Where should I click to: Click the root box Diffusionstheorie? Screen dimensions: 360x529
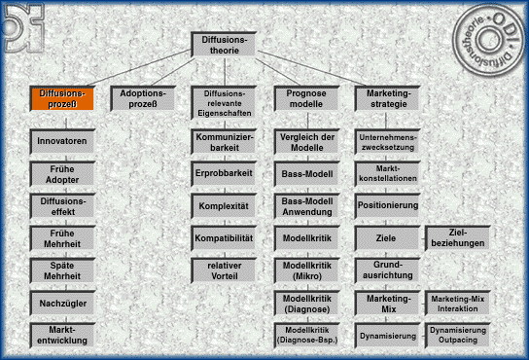[x=226, y=45]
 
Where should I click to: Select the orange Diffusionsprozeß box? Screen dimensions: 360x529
[x=61, y=98]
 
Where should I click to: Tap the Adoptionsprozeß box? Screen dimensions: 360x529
[x=143, y=98]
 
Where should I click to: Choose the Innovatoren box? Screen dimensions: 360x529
[x=62, y=141]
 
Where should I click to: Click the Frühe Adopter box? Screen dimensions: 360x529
[x=62, y=173]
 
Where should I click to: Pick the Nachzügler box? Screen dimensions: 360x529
[x=62, y=305]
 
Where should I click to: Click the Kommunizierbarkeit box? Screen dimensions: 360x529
[x=225, y=142]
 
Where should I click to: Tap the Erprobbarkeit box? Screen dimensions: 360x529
[x=225, y=173]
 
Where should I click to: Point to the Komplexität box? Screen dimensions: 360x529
[x=225, y=206]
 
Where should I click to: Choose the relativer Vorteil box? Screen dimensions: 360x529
[x=225, y=270]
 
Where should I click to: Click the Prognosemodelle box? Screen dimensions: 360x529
[x=306, y=98]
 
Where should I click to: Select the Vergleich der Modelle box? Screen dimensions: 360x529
[x=306, y=142]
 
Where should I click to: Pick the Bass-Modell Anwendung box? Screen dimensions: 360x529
[x=306, y=205]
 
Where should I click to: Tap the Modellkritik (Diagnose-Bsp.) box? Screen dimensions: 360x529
[x=306, y=336]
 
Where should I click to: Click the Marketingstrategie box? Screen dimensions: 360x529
[x=388, y=98]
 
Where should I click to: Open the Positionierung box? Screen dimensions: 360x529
[x=388, y=206]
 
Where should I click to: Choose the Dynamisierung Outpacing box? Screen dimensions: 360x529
[x=457, y=336]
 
